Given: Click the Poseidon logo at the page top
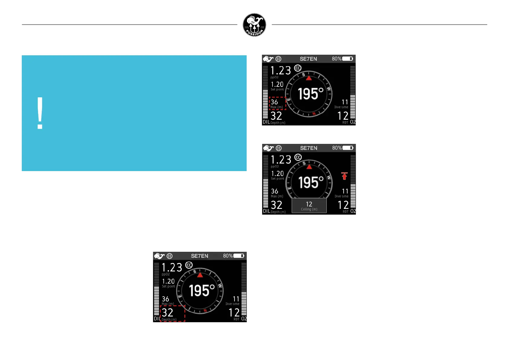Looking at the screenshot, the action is pyautogui.click(x=254, y=25).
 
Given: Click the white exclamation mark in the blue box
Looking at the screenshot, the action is pyautogui.click(x=40, y=113).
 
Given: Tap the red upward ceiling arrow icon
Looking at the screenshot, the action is pyautogui.click(x=344, y=176).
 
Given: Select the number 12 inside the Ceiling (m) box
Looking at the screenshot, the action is pyautogui.click(x=309, y=204).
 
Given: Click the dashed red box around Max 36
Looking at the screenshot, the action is pyautogui.click(x=277, y=103).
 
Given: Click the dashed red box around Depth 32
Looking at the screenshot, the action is pyautogui.click(x=172, y=313).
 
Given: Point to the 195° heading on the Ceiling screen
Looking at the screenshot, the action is pyautogui.click(x=311, y=183).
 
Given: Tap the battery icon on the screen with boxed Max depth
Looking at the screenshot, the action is pyautogui.click(x=347, y=59).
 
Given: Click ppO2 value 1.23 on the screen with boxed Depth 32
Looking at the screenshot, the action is pyautogui.click(x=172, y=268).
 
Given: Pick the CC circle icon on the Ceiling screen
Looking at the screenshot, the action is pyautogui.click(x=298, y=157).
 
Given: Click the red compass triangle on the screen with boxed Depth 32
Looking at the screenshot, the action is pyautogui.click(x=200, y=275).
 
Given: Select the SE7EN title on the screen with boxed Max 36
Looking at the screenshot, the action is pyautogui.click(x=308, y=59).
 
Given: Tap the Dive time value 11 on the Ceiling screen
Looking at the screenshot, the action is pyautogui.click(x=345, y=191).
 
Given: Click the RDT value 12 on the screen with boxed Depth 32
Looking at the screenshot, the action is pyautogui.click(x=234, y=313).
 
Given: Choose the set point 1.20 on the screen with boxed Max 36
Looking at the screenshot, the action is pyautogui.click(x=277, y=84).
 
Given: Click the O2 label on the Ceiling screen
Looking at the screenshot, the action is pyautogui.click(x=353, y=211).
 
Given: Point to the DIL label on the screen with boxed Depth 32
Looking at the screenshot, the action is pyautogui.click(x=157, y=319).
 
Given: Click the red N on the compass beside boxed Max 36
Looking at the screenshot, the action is pyautogui.click(x=314, y=114).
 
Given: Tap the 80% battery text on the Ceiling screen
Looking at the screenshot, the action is pyautogui.click(x=337, y=148).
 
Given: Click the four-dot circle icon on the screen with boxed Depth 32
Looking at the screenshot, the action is pyautogui.click(x=170, y=256).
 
